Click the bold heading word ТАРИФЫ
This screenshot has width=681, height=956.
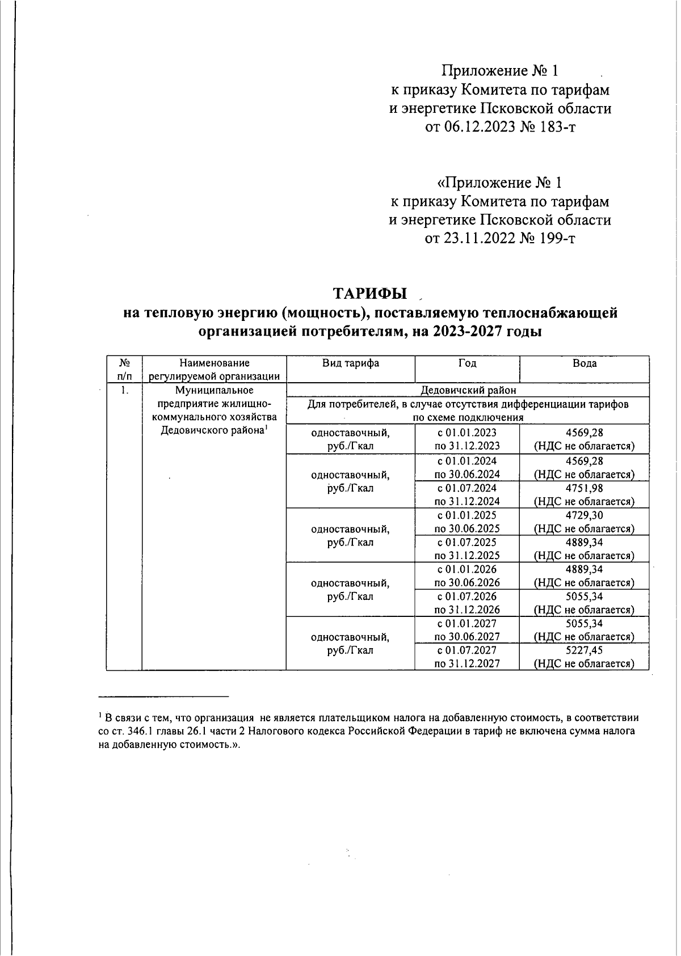(369, 293)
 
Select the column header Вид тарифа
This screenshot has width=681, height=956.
(350, 363)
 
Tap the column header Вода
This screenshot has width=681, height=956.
(584, 363)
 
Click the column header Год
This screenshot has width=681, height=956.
(467, 363)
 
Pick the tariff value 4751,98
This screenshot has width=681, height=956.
(584, 488)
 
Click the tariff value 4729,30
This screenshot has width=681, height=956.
(584, 515)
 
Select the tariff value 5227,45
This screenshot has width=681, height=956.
(584, 650)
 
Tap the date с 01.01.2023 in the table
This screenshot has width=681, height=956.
(467, 433)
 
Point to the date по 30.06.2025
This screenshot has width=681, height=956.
(467, 528)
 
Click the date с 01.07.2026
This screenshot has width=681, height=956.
(467, 597)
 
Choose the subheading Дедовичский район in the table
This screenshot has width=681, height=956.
(468, 390)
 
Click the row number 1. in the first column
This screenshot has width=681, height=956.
(124, 390)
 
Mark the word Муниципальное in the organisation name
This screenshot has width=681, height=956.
(213, 390)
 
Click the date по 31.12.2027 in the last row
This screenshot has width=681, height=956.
(467, 664)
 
